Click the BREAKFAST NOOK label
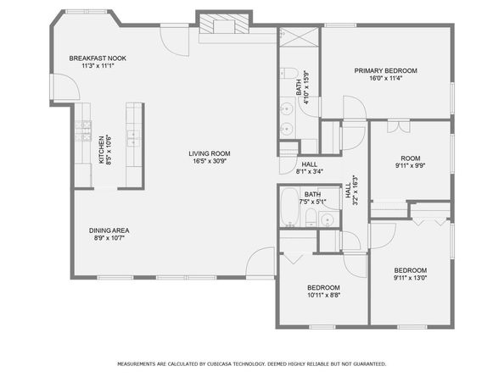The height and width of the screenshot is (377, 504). click(98, 58)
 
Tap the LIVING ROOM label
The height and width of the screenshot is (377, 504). click(210, 153)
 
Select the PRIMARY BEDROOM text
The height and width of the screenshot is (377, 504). click(386, 70)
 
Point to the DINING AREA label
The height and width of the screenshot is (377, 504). click(109, 230)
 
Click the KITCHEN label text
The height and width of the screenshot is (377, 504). click(101, 150)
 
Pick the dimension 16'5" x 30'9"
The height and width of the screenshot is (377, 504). click(210, 161)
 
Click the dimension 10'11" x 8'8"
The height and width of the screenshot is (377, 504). click(323, 295)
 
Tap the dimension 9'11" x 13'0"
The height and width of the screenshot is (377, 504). click(410, 278)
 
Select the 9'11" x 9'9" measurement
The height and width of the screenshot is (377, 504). click(411, 166)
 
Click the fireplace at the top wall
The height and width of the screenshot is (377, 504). click(224, 24)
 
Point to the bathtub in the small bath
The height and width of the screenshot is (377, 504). click(289, 207)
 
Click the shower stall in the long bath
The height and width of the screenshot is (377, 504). click(299, 37)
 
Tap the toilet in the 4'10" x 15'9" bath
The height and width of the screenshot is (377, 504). click(288, 74)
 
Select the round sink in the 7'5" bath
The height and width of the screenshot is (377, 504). click(328, 219)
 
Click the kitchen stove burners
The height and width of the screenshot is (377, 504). click(83, 131)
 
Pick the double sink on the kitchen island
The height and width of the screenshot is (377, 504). click(133, 138)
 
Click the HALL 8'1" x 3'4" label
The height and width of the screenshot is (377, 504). click(309, 168)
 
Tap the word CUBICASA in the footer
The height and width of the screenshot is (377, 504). click(219, 363)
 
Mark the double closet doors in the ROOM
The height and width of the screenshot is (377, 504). click(399, 125)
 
